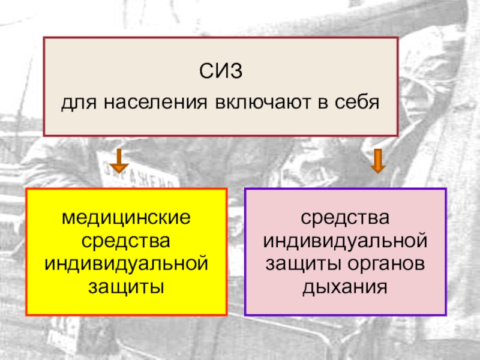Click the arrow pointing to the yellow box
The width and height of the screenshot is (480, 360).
click(119, 160)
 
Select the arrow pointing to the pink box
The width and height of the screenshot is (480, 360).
click(377, 160)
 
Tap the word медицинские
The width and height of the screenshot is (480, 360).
click(127, 217)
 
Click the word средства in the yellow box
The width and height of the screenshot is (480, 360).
click(127, 240)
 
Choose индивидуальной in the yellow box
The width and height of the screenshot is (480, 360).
click(127, 263)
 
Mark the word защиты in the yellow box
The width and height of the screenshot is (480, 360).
click(127, 286)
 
